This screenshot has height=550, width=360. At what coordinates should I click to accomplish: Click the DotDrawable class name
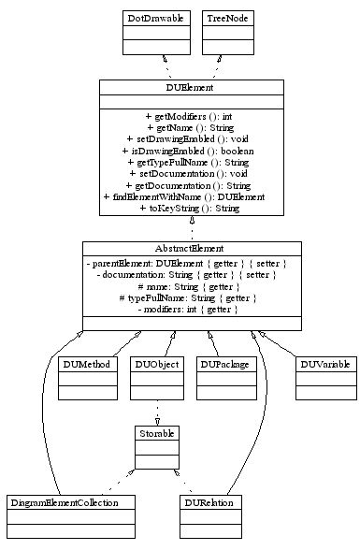click(x=155, y=18)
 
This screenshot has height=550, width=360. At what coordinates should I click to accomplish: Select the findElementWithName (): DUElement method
click(x=191, y=197)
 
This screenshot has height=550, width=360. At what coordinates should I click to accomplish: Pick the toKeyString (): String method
click(x=191, y=209)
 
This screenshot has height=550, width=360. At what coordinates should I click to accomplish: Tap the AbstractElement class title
click(x=191, y=249)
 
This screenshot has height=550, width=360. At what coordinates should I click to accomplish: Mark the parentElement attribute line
click(x=191, y=264)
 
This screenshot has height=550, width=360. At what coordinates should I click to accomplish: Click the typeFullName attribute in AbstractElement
click(x=191, y=297)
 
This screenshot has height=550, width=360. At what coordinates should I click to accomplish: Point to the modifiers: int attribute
click(x=191, y=309)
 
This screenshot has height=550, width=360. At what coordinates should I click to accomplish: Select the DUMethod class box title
click(x=86, y=363)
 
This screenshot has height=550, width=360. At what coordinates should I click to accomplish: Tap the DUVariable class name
click(x=324, y=363)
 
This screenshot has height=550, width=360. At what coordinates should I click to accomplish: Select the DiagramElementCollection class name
click(x=64, y=502)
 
